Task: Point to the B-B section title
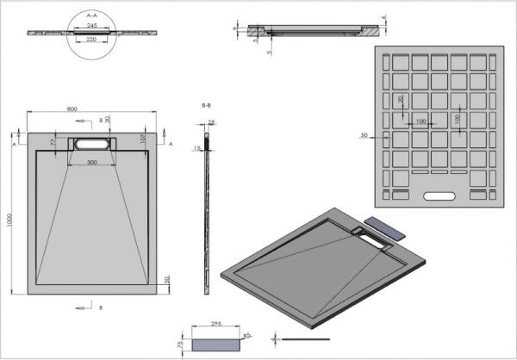point(206,105)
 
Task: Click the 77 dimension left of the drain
point(52,142)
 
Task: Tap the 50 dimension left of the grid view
point(364,135)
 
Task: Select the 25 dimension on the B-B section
point(212,122)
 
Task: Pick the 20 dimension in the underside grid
point(400,100)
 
